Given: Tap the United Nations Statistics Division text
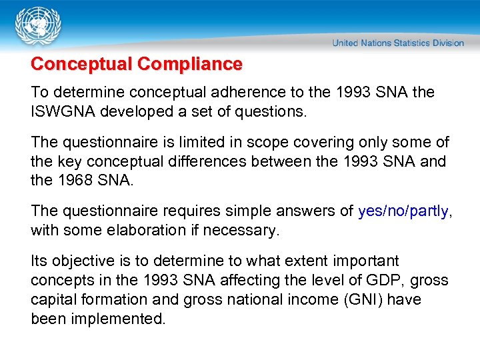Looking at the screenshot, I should [398, 43].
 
